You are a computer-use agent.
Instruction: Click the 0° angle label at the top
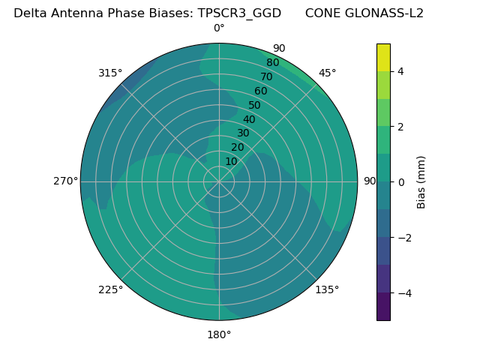[x=219, y=28]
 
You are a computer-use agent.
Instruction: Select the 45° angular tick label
[x=327, y=73]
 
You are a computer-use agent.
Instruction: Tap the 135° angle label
[x=327, y=289]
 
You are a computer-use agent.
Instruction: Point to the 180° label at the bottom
[x=219, y=334]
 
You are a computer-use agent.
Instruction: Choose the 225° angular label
[x=110, y=289]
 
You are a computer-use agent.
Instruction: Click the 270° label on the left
[x=65, y=181]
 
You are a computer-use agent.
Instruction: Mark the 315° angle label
[x=110, y=73]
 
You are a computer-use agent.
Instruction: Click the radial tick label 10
[x=231, y=161]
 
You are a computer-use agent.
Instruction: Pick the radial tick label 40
[x=249, y=119]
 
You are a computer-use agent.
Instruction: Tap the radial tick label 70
[x=266, y=76]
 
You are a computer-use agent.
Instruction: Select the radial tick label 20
[x=237, y=147]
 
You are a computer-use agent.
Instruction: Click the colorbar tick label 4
[x=400, y=71]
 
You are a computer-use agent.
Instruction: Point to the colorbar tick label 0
[x=400, y=182]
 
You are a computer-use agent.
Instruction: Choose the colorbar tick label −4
[x=403, y=293]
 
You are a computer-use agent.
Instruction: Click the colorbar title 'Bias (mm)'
[x=421, y=182]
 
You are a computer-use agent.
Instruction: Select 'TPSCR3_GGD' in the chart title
[x=239, y=13]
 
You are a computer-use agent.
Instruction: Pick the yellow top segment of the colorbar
[x=383, y=57]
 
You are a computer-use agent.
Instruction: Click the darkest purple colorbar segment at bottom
[x=383, y=307]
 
